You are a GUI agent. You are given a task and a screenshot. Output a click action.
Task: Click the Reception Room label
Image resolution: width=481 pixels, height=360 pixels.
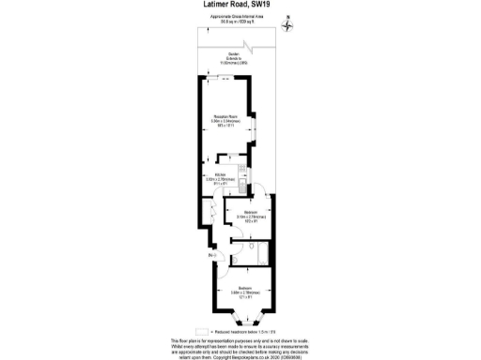tap(225, 119)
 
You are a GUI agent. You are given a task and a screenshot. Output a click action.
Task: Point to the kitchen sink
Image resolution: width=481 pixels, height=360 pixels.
tap(242, 187)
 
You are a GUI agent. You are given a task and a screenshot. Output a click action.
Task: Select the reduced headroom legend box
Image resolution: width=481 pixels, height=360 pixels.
tap(201, 331)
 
